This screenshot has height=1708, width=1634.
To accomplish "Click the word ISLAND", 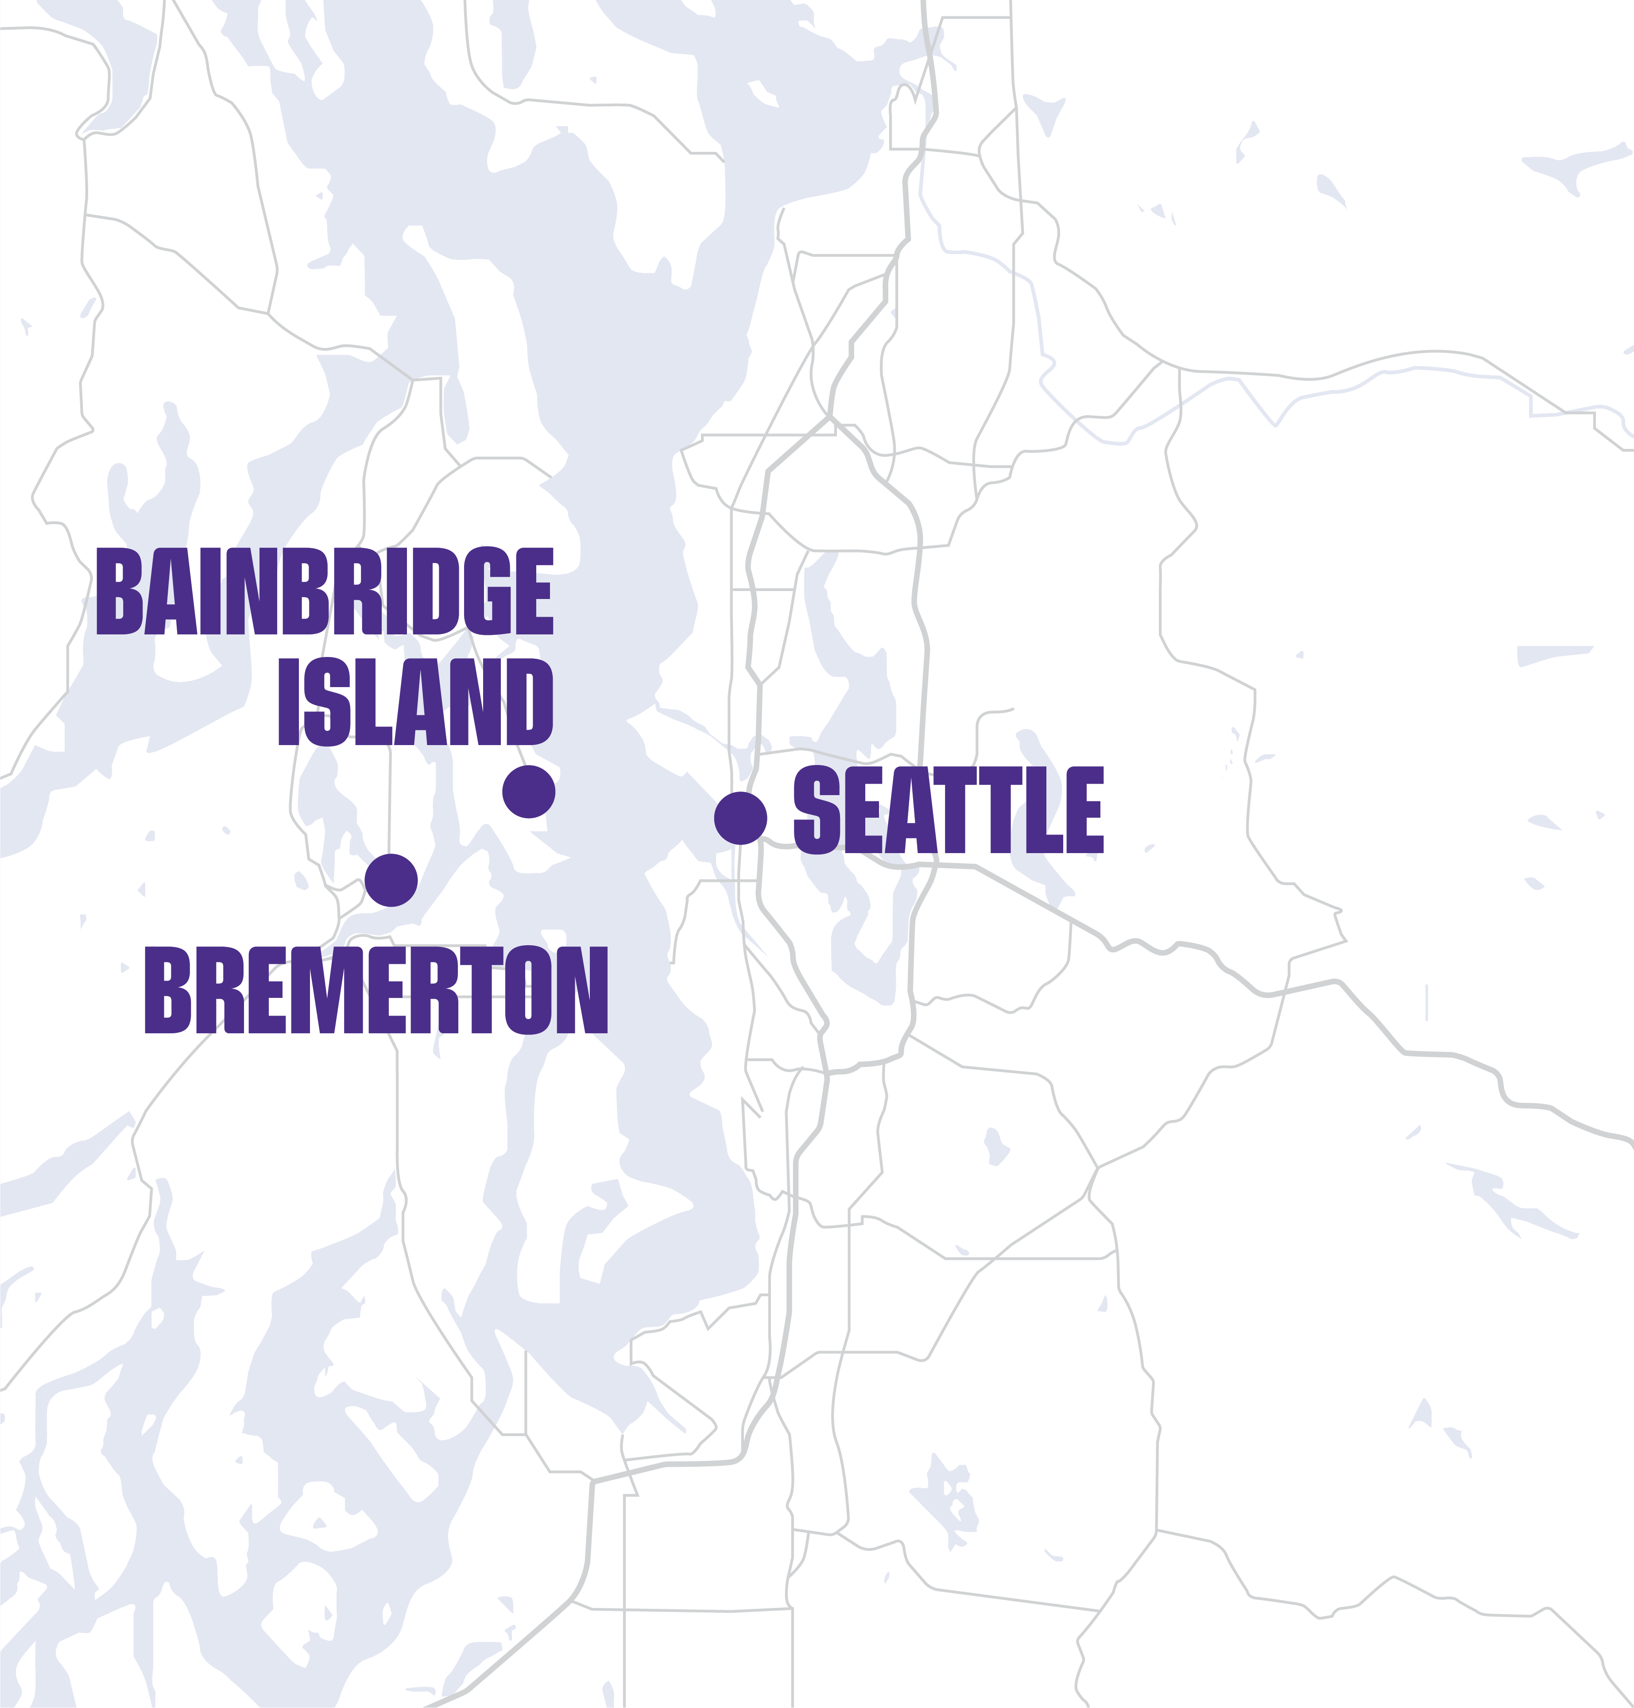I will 415,702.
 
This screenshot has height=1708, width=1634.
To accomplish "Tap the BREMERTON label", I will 376,991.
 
